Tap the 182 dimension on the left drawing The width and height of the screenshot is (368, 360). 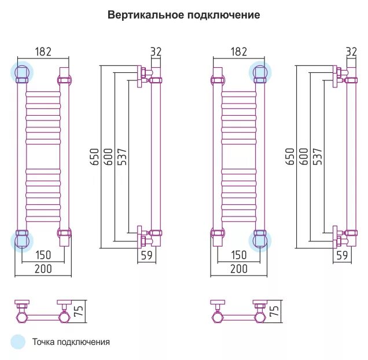43,52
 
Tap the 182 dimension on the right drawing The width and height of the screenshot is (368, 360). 238,52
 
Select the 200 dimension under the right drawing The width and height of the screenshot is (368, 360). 238,269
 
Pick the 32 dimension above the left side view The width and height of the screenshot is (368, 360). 156,52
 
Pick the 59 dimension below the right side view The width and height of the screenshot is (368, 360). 342,255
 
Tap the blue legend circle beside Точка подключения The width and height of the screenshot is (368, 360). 19,341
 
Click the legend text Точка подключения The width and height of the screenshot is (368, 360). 71,342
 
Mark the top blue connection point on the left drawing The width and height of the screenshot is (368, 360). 23,72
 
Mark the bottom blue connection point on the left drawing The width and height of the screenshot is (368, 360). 23,240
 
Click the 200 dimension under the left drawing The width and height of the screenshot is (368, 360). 43,269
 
